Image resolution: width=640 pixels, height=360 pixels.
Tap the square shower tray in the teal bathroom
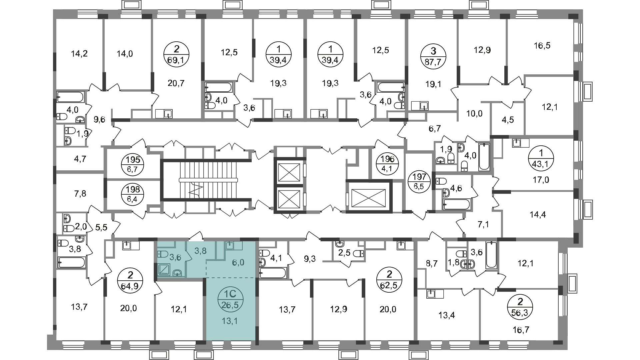[x=164, y=269]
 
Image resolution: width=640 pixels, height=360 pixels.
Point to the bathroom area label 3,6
[x=175, y=257]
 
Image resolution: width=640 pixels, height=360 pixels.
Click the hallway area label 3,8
[x=200, y=251]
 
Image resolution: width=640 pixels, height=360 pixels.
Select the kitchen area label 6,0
[x=238, y=263]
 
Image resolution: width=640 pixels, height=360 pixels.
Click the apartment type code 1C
[x=230, y=294]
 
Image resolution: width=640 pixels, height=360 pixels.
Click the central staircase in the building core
[x=200, y=180]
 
